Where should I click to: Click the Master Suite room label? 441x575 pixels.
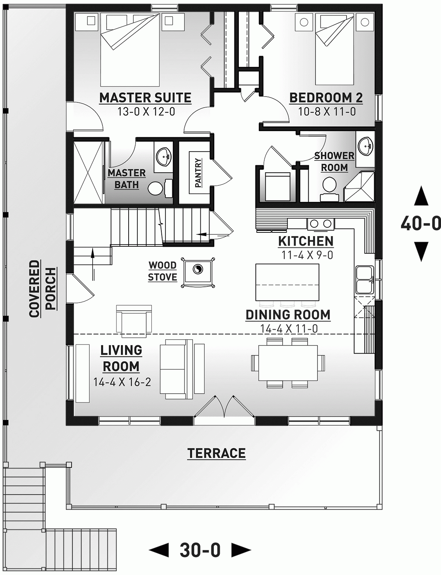[145, 98]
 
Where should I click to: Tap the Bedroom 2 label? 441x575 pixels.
[326, 98]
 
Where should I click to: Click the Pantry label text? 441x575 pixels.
[198, 173]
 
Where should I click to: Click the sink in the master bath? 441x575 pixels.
[163, 158]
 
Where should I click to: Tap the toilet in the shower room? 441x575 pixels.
[329, 185]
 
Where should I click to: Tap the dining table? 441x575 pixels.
[288, 363]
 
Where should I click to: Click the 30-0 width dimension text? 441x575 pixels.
[200, 550]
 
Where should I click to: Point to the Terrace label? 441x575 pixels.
[216, 453]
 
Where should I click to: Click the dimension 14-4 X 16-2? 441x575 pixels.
[122, 382]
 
